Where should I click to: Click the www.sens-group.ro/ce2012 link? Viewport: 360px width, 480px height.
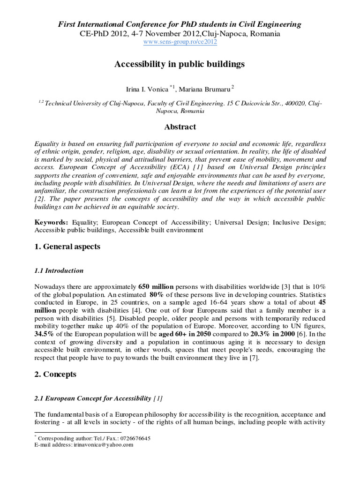pyautogui.click(x=180, y=42)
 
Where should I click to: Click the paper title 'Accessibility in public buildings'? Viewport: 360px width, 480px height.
pyautogui.click(x=180, y=64)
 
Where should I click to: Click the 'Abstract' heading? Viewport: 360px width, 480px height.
pyautogui.click(x=180, y=127)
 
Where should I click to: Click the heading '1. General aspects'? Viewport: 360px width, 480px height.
pyautogui.click(x=67, y=247)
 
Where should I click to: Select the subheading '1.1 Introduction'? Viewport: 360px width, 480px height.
pyautogui.click(x=59, y=270)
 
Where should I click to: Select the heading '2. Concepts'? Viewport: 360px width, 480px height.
pyautogui.click(x=55, y=375)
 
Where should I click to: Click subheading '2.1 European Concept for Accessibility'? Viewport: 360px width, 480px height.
pyautogui.click(x=93, y=398)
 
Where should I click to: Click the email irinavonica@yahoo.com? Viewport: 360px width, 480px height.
pyautogui.click(x=102, y=445)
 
